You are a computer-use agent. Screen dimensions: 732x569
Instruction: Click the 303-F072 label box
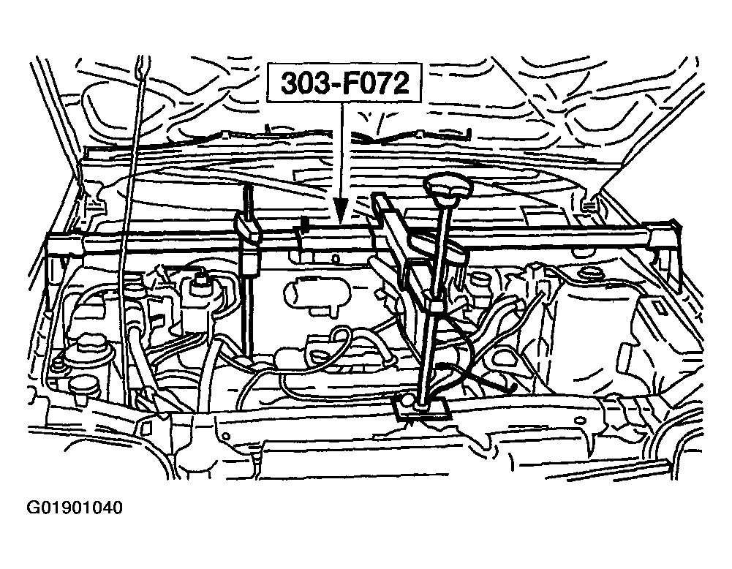point(344,83)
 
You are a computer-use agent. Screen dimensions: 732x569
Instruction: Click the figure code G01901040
point(75,508)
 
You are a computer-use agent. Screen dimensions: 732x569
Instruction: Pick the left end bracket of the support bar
point(64,244)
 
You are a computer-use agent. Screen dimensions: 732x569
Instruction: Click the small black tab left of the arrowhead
point(304,223)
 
